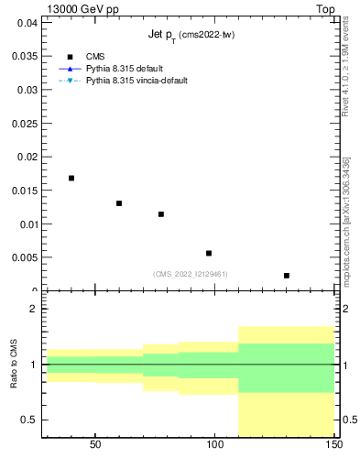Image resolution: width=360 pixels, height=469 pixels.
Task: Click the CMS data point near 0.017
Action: tap(71, 178)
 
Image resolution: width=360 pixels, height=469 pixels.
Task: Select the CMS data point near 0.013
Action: tap(119, 203)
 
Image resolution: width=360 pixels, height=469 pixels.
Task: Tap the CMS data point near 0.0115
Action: tap(161, 214)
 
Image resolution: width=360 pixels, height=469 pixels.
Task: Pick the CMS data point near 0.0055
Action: tap(209, 253)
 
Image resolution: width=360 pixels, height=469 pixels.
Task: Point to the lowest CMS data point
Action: tap(287, 275)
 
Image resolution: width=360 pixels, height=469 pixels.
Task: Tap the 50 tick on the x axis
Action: tap(95, 444)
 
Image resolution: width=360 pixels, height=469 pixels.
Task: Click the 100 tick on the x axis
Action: tap(215, 444)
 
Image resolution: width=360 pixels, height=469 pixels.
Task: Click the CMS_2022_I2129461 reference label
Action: tap(190, 274)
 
